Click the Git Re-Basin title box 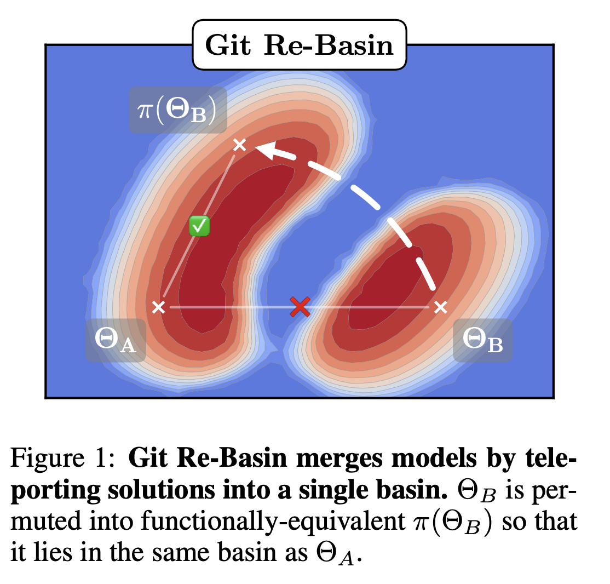[299, 45]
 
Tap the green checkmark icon [199, 226]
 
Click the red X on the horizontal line [300, 307]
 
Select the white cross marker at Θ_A [158, 307]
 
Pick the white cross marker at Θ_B [440, 307]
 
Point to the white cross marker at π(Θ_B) [239, 145]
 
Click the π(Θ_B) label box [178, 110]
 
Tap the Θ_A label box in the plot [116, 340]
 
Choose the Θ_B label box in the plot [482, 340]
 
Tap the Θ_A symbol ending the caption [343, 551]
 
